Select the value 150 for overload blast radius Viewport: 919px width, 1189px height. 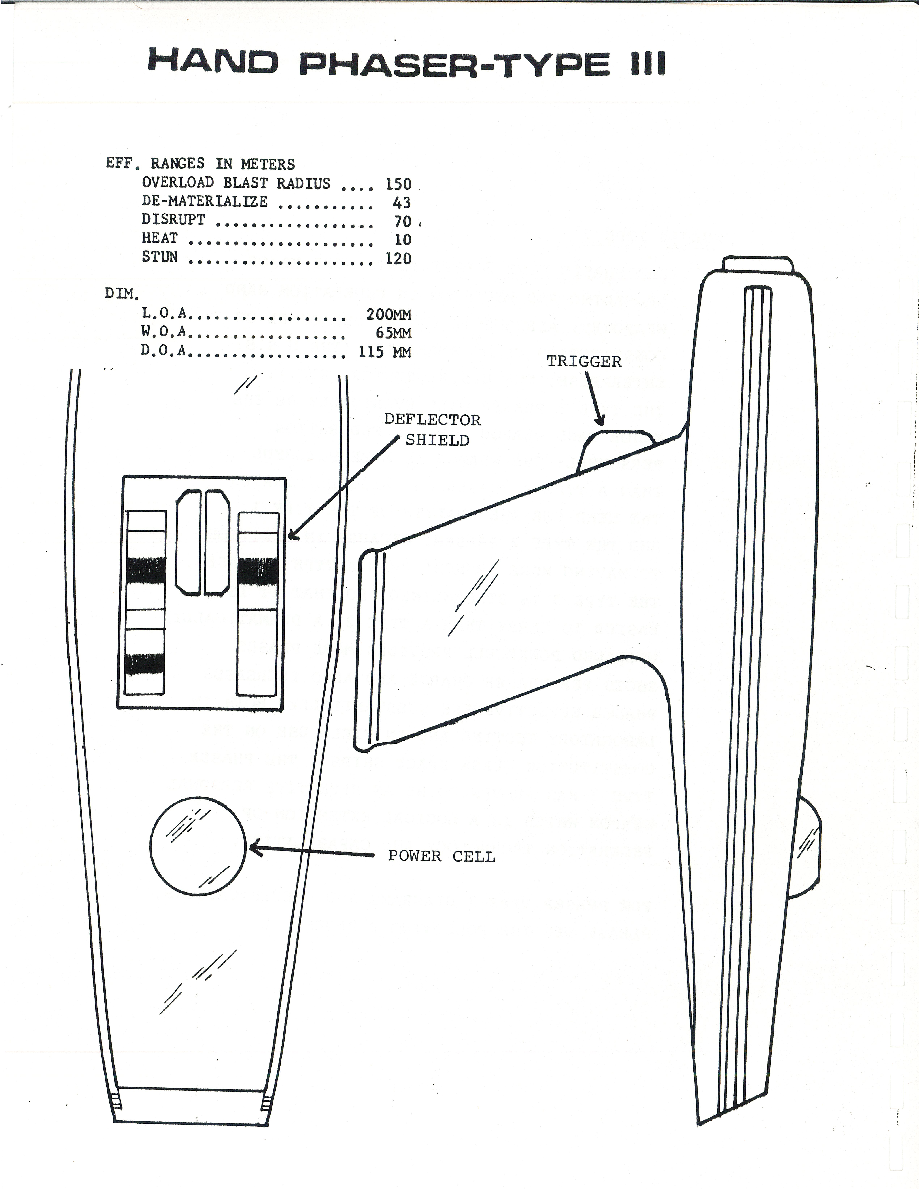398,184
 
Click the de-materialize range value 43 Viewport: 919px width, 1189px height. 402,203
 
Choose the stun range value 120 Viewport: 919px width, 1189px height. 398,258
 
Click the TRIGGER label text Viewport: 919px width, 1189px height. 584,361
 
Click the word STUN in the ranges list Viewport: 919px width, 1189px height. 159,257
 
